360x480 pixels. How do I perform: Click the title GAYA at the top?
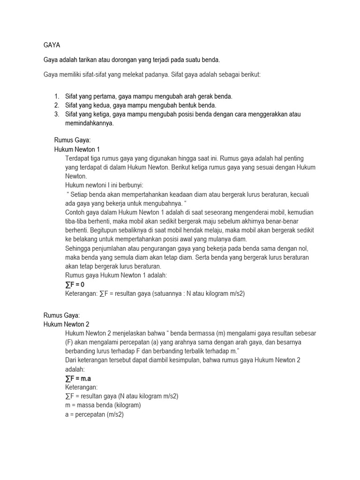(52, 45)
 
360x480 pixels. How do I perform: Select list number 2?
(56, 105)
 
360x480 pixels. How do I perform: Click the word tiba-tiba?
(78, 221)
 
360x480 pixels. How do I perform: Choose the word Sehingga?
(78, 248)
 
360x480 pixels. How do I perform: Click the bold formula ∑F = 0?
(75, 285)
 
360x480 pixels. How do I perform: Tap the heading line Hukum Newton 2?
(66, 324)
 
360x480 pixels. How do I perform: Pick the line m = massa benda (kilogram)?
(103, 405)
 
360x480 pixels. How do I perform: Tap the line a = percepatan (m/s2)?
(94, 414)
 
